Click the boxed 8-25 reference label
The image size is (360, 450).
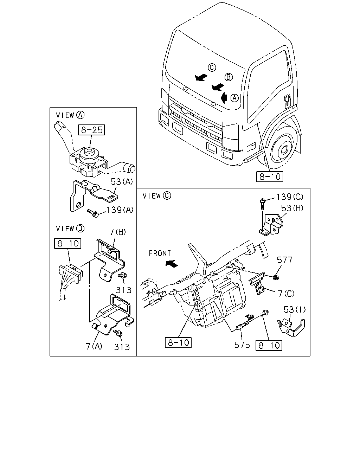91,130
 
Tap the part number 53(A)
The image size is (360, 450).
122,181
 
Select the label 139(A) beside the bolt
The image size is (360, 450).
120,210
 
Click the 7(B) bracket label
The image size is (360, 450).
117,232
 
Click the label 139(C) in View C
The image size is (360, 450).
290,197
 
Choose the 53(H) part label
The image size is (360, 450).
292,208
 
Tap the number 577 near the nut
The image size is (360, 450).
284,260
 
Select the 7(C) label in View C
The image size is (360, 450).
286,293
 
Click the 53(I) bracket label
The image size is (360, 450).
295,309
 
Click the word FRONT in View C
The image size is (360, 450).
160,253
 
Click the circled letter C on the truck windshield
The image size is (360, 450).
212,67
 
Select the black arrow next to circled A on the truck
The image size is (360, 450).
224,97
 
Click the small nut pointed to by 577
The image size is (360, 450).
276,277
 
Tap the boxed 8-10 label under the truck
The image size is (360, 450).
270,177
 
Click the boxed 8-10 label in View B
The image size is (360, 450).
67,243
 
